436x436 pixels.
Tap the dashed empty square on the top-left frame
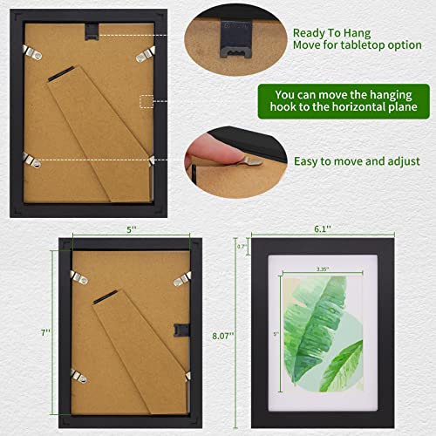[x=146, y=101]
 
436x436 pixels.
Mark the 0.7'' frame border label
[x=242, y=247]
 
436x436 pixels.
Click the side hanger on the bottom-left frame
[x=181, y=330]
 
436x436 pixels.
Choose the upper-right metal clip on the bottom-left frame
[x=181, y=278]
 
